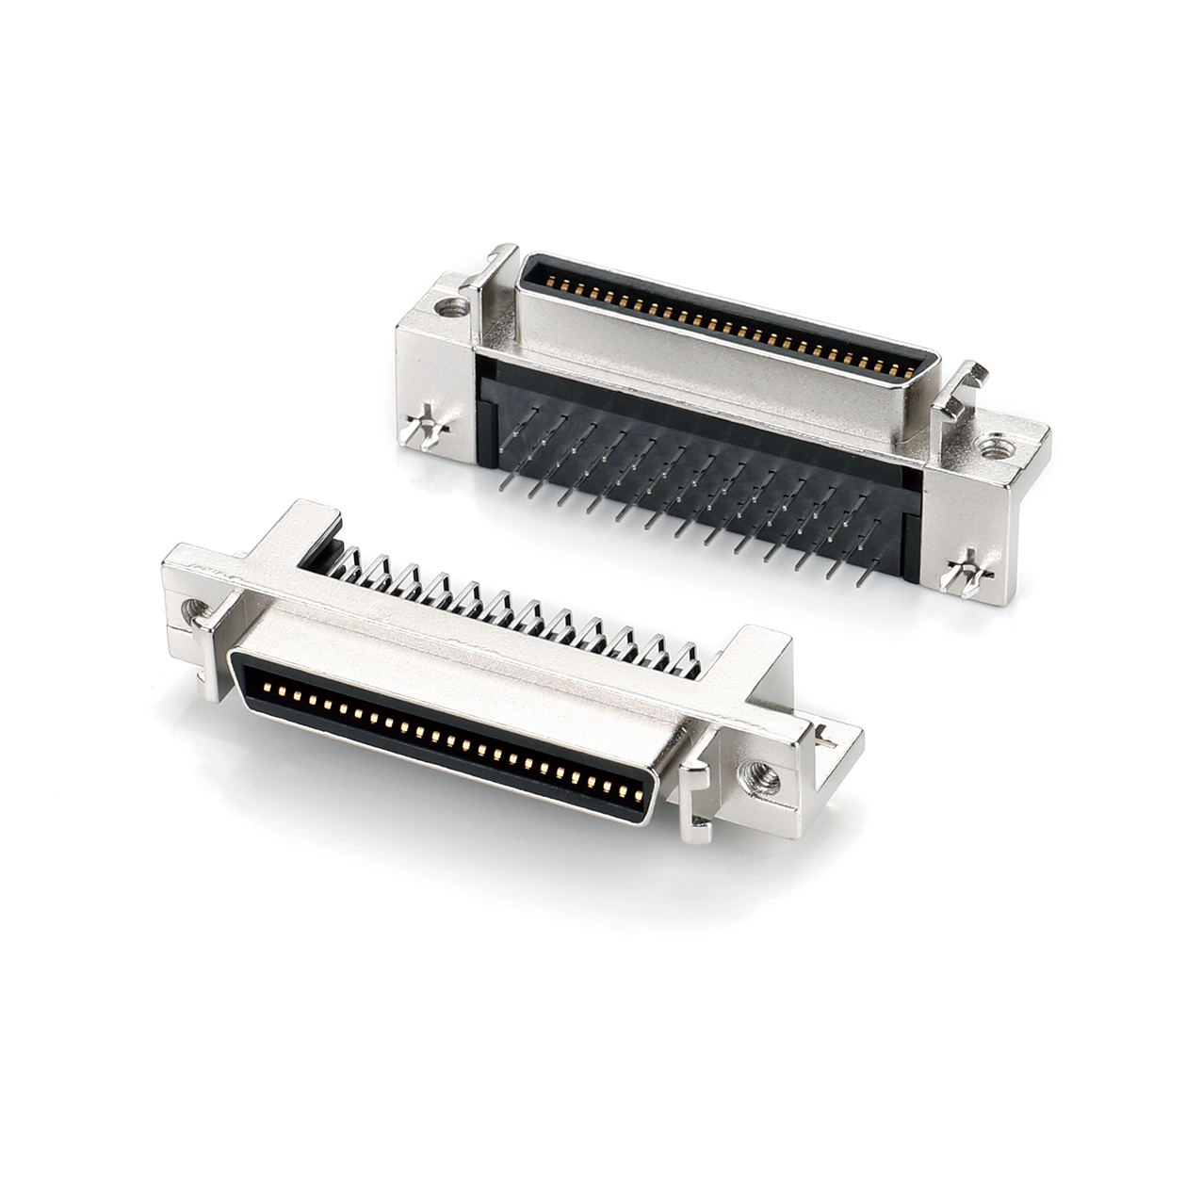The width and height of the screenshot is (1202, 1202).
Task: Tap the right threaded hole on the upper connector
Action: tap(992, 444)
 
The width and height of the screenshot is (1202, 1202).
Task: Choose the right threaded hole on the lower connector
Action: tap(759, 776)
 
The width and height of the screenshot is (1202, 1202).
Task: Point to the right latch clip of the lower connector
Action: tap(694, 800)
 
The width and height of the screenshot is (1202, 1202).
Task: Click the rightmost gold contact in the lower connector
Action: tap(639, 797)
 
